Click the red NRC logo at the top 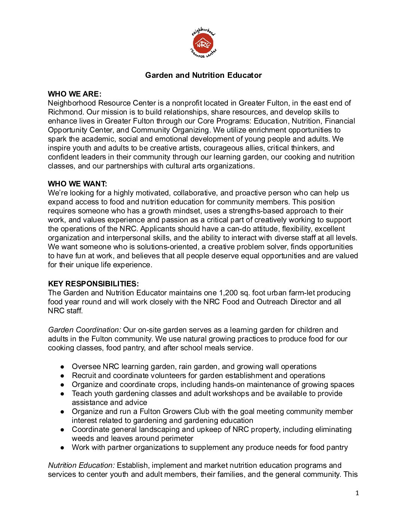(x=203, y=44)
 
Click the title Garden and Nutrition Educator (x=203, y=75)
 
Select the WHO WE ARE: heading (x=74, y=94)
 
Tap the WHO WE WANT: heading (x=77, y=184)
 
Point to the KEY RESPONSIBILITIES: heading (x=93, y=284)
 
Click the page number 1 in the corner (x=357, y=493)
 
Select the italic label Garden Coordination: (x=84, y=330)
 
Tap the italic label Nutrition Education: (x=81, y=465)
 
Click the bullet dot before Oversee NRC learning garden (x=63, y=367)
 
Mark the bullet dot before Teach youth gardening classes (x=63, y=394)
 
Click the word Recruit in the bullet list (x=84, y=375)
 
